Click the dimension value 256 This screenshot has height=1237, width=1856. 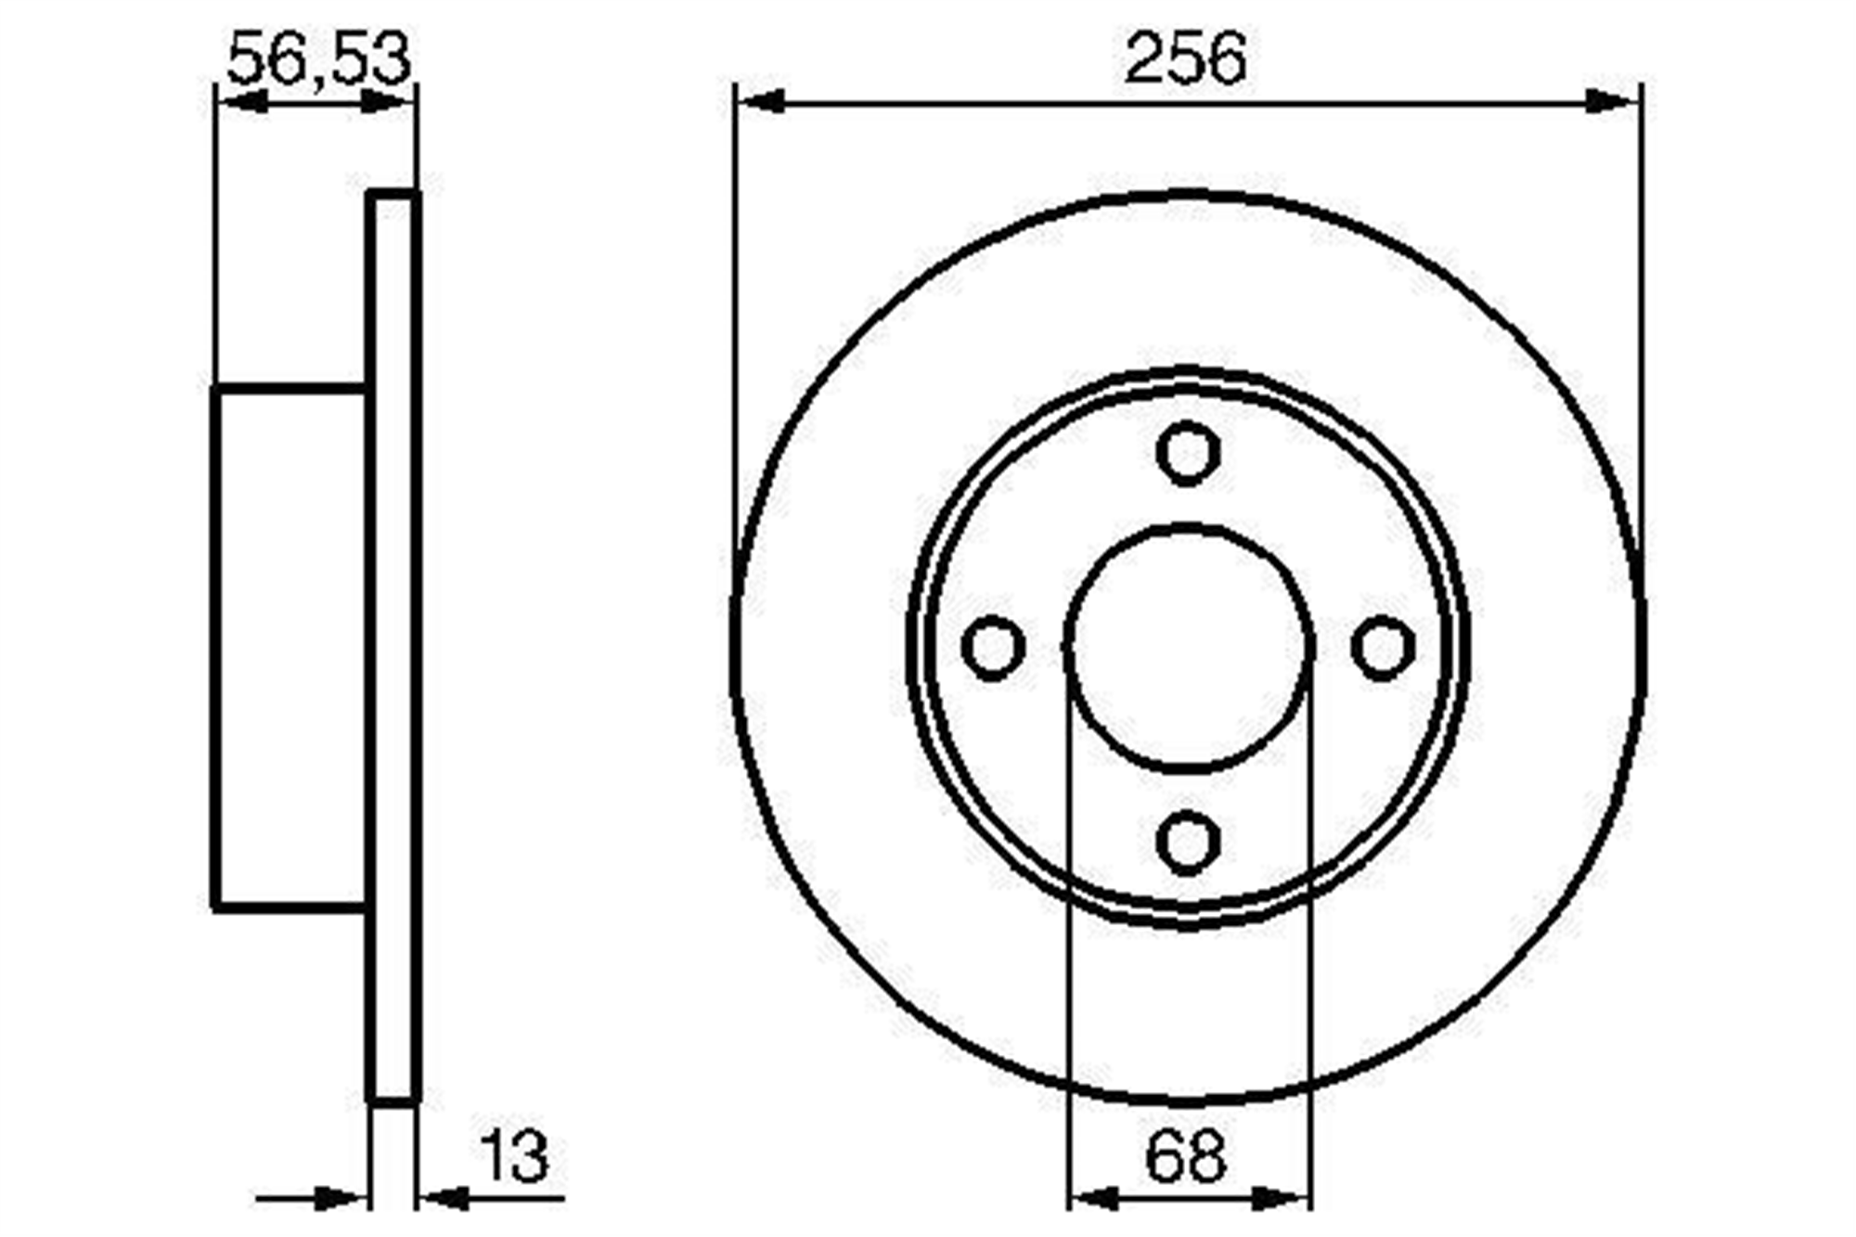pos(1185,58)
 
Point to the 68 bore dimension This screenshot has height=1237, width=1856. pos(1185,1156)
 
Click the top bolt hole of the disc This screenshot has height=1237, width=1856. pos(1188,453)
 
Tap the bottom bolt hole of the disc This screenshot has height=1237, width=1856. pos(1188,843)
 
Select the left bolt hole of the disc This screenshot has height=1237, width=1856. pos(993,647)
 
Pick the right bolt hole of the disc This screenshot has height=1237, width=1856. pos(1383,647)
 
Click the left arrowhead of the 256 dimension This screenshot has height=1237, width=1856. pos(760,101)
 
